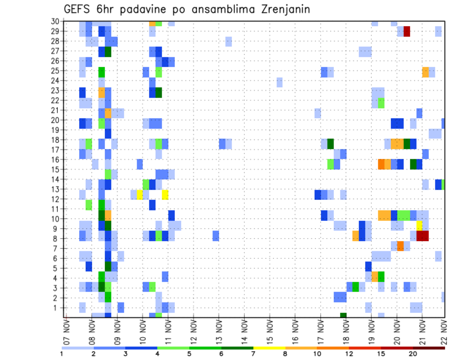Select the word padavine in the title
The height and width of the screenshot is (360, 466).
click(139, 10)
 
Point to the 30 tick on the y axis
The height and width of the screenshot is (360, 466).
click(56, 21)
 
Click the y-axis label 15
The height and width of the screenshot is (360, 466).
click(56, 169)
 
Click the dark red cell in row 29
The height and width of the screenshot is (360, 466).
click(407, 32)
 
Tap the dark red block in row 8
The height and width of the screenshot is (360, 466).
click(422, 236)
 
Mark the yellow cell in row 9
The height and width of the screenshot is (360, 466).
click(419, 226)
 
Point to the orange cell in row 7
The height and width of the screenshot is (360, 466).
click(400, 246)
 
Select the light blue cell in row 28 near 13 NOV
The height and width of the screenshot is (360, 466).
click(229, 41)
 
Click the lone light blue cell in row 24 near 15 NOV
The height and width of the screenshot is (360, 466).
click(280, 82)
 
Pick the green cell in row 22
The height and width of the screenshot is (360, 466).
click(381, 102)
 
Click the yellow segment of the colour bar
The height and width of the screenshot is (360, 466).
click(269, 348)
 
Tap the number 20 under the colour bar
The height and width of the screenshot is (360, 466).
click(413, 354)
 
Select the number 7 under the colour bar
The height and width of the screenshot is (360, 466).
click(253, 354)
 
